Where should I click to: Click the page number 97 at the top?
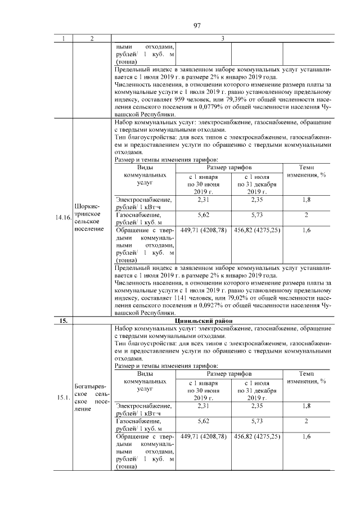coord(197,25)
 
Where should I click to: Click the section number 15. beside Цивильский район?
coord(62,321)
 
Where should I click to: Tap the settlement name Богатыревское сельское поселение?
coord(89,397)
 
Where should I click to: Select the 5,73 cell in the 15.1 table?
coord(256,421)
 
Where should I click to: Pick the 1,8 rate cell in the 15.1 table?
coord(307,406)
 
